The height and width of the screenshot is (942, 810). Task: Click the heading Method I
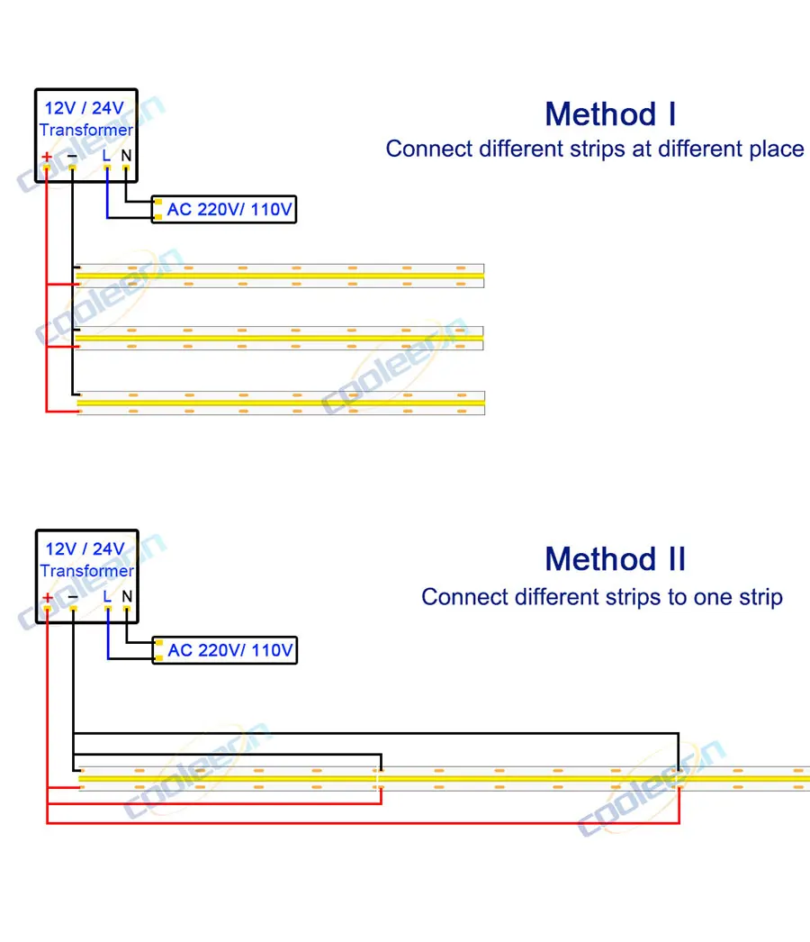click(x=610, y=114)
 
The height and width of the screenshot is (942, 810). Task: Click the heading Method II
click(x=616, y=559)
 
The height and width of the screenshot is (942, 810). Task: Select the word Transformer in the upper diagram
click(x=86, y=131)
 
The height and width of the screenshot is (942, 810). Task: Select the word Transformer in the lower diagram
click(x=86, y=571)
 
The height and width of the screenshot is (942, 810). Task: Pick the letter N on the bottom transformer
click(x=127, y=596)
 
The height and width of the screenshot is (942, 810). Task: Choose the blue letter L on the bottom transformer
click(x=107, y=596)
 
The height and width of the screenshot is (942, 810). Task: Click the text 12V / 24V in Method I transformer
click(x=85, y=109)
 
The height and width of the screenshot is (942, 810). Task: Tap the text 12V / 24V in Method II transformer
click(x=85, y=549)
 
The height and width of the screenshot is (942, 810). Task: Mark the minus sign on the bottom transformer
click(x=73, y=597)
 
